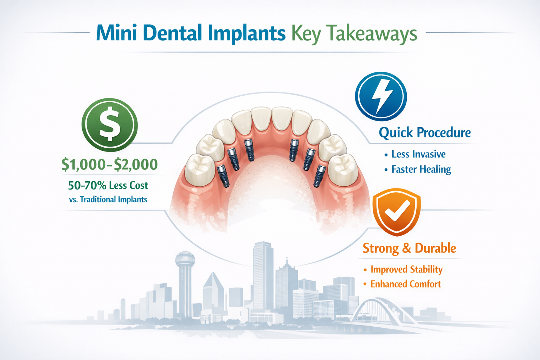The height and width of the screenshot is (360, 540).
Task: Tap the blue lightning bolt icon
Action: (381, 97)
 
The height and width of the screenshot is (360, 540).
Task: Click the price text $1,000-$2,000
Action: (109, 165)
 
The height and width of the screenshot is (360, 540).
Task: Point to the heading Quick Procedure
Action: (425, 133)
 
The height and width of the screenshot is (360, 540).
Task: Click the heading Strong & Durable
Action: (409, 248)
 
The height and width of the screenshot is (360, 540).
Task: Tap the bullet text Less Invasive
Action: (418, 154)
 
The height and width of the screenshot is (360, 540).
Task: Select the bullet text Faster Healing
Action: (421, 169)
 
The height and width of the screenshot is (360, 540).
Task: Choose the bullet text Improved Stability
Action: (406, 270)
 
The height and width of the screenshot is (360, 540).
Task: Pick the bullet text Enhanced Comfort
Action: (405, 284)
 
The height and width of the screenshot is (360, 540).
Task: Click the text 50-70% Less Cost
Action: (108, 185)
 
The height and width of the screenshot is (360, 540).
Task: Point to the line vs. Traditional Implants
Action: (108, 200)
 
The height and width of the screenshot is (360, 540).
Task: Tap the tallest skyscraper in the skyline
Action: (263, 274)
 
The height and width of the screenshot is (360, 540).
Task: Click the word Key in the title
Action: (306, 34)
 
